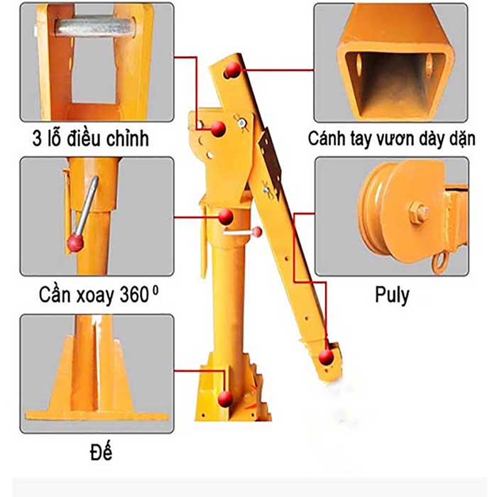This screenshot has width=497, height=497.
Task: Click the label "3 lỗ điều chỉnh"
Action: [91, 137]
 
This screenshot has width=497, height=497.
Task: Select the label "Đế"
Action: [102, 451]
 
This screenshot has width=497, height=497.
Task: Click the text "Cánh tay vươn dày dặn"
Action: [391, 138]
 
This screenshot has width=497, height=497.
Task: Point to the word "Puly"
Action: [392, 294]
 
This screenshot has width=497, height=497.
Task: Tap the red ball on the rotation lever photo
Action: [75, 244]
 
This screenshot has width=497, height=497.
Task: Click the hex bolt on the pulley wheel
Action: [417, 212]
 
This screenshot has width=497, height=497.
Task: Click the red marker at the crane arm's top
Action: [232, 70]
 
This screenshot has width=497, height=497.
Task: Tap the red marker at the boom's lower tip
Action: [327, 356]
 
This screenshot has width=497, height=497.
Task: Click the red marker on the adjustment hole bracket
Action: [219, 129]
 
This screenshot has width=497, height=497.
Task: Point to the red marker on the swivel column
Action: [225, 217]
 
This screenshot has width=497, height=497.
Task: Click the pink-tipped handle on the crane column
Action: [257, 231]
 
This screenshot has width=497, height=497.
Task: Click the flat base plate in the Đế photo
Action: [97, 413]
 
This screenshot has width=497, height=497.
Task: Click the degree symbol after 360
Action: [155, 288]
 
